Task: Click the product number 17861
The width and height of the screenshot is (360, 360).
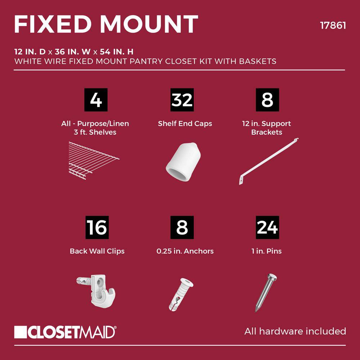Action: [333, 25]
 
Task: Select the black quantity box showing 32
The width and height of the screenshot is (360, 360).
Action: [182, 100]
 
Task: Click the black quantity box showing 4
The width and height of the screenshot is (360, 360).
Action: [96, 100]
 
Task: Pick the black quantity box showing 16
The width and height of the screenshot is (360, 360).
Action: [97, 227]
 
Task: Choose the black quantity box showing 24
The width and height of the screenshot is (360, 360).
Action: [267, 227]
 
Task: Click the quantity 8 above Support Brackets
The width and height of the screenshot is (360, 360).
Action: [267, 100]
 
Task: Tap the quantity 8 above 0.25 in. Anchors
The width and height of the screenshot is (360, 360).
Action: [182, 227]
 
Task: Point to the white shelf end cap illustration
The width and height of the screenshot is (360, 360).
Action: [183, 161]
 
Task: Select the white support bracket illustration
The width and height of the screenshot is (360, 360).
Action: [269, 161]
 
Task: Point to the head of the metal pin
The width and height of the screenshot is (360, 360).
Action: [272, 276]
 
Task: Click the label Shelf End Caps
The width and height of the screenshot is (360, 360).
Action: [185, 123]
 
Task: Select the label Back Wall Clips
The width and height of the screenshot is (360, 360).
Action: [97, 251]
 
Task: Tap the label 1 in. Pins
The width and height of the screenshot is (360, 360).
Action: [266, 251]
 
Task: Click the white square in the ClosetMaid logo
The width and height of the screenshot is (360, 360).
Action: [21, 332]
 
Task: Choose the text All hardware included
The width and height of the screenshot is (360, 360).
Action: [295, 331]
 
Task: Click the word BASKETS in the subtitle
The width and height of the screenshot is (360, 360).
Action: [258, 61]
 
